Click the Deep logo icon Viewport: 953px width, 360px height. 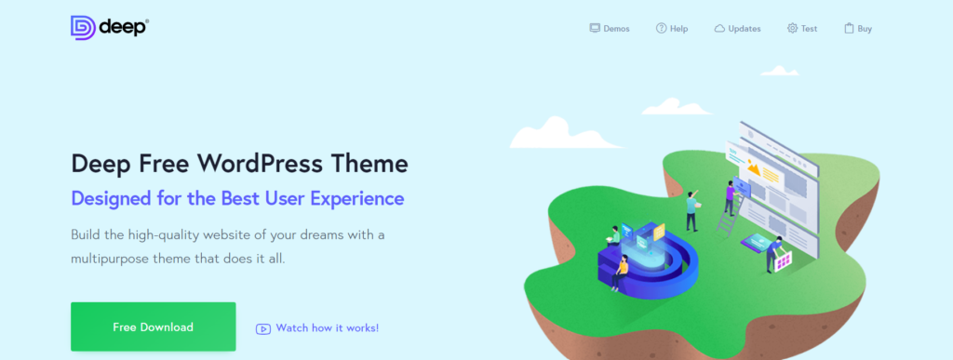click(x=83, y=27)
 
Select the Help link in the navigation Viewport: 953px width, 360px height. click(x=678, y=29)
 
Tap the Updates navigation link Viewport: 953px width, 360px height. click(x=744, y=29)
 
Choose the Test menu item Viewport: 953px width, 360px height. click(x=809, y=29)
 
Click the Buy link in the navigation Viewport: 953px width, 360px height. click(x=865, y=29)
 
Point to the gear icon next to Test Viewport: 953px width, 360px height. click(x=792, y=29)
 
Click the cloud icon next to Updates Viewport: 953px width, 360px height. click(x=719, y=29)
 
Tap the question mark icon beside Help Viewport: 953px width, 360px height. click(x=661, y=29)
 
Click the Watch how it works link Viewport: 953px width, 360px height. click(x=328, y=327)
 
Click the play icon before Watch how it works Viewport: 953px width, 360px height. click(x=263, y=328)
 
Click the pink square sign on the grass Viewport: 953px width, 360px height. click(x=784, y=261)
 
